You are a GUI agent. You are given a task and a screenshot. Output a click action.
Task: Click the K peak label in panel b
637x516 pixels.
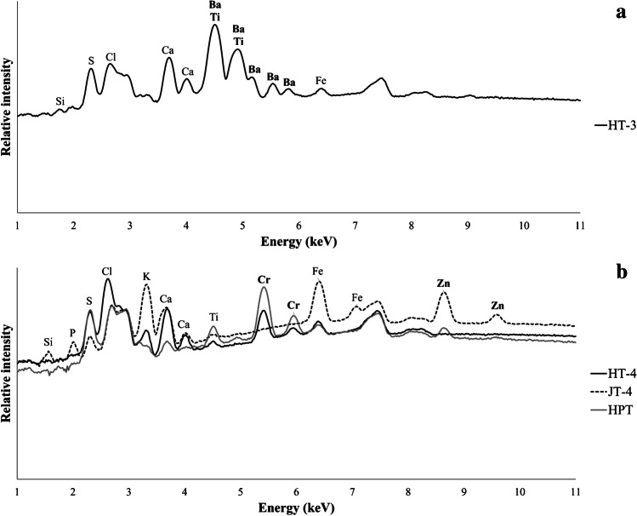[146, 277]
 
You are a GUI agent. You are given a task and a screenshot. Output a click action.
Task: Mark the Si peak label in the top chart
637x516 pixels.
[60, 101]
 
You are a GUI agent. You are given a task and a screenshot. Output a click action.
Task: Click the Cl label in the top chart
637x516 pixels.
[111, 57]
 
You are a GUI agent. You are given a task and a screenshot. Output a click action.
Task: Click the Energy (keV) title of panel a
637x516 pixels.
[297, 242]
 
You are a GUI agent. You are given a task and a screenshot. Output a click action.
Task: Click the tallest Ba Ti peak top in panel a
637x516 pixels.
[214, 25]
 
